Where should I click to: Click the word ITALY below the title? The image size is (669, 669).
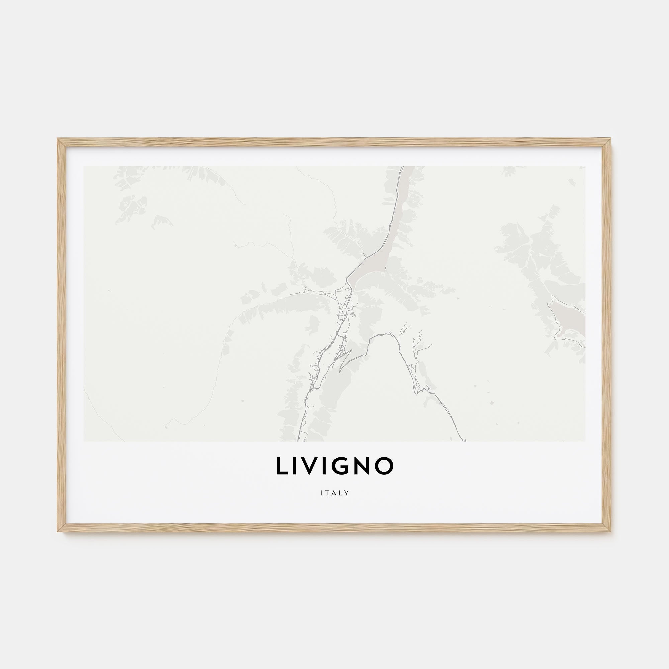(334, 493)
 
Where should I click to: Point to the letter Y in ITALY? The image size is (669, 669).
(346, 493)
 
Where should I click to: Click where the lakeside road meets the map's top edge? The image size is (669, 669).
(403, 167)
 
